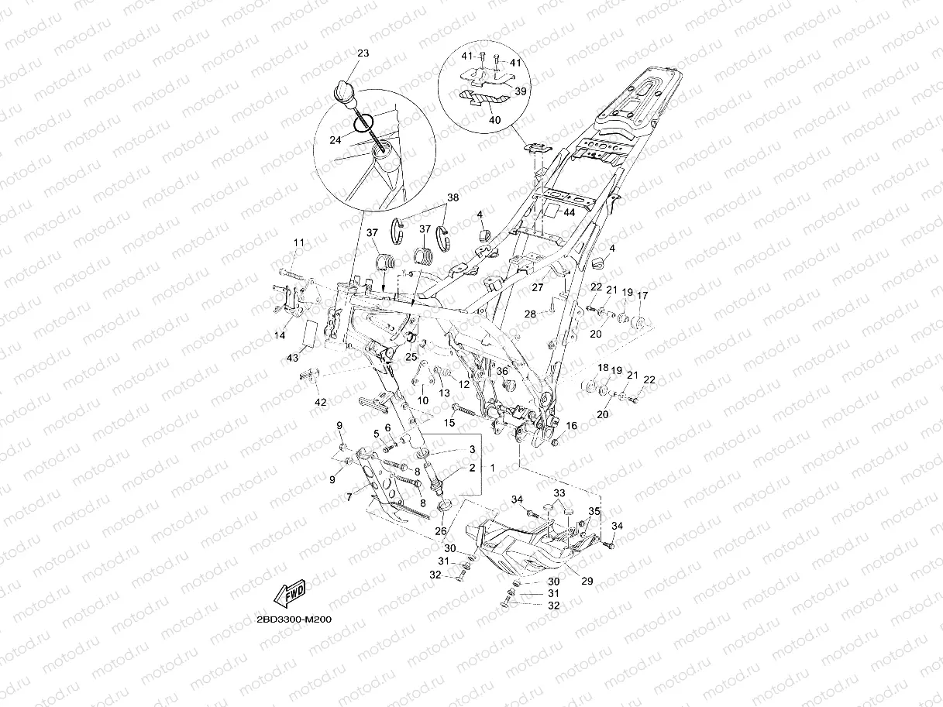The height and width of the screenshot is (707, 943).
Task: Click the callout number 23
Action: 363,53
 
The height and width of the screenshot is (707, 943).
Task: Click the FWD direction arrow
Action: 287,594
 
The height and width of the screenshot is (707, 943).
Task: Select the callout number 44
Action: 569,211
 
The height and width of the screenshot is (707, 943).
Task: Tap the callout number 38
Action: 453,198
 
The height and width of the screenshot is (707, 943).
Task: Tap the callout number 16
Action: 572,426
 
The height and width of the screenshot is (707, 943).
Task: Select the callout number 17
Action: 642,295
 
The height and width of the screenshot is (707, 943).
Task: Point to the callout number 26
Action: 440,531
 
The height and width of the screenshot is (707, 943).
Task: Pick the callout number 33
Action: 559,493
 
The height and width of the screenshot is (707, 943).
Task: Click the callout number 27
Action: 537,287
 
